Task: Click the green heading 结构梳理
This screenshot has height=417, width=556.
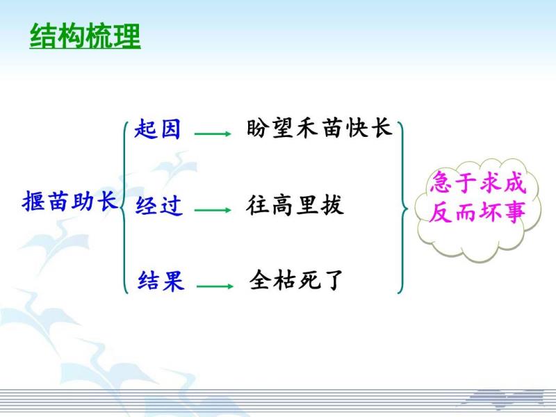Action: coord(85,36)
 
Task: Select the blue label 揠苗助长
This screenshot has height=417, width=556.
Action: coord(69,202)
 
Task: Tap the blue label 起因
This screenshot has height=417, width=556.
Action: coord(158,129)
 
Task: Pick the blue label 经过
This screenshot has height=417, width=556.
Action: coord(159,205)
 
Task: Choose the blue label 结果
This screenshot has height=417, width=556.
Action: coord(161,281)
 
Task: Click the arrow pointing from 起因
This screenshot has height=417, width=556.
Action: coord(213,133)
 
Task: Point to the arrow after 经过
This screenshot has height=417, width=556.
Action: coord(213,210)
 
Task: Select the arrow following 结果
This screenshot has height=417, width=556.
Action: coord(215,286)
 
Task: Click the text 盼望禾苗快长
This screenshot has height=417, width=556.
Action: coord(319,128)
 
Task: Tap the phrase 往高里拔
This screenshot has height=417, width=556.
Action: coord(295,205)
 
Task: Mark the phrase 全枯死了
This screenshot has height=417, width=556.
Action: coord(297,280)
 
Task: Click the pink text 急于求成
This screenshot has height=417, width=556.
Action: coord(477,182)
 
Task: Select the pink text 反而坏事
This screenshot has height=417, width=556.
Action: coord(477,212)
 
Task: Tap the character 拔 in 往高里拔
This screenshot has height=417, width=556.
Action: coord(332,205)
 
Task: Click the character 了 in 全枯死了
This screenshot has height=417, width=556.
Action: coord(333,280)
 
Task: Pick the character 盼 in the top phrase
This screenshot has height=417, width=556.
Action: coord(256,128)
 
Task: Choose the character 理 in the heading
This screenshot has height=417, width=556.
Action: coord(127,36)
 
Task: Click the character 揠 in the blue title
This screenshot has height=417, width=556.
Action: coord(33,202)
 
